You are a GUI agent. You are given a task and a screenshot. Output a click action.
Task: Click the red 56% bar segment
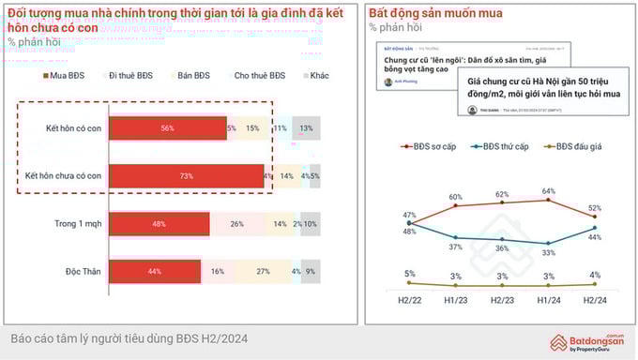[x=168, y=127]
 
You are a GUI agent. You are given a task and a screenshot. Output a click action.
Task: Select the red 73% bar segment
[x=186, y=175]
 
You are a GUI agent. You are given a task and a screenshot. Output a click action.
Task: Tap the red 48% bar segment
[x=159, y=224]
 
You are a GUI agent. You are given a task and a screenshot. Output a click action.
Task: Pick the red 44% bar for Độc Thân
[x=155, y=271]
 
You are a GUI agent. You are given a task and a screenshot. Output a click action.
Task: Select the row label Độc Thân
[x=83, y=271]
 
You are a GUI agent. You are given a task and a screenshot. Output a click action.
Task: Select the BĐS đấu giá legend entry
[x=576, y=146]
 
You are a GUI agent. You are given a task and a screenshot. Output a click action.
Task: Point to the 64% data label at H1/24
[x=548, y=191]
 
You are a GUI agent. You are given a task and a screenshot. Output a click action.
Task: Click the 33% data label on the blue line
[x=548, y=252]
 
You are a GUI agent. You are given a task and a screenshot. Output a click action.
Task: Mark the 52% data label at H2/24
[x=596, y=208]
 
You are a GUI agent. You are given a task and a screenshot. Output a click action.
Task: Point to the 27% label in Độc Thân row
[x=264, y=271]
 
